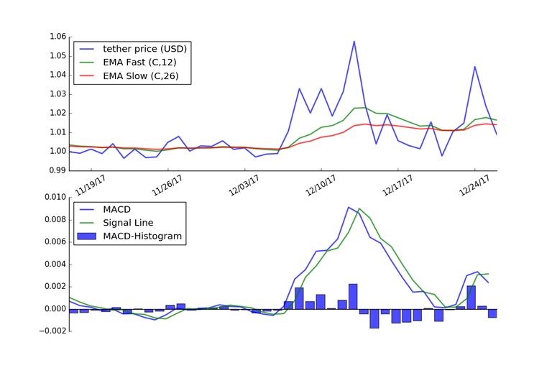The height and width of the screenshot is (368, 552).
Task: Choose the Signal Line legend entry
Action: [128, 223]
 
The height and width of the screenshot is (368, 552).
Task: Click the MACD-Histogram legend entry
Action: [142, 236]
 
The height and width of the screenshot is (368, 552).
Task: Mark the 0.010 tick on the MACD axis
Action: [53, 197]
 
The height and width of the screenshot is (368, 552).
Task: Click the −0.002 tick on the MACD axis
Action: [50, 331]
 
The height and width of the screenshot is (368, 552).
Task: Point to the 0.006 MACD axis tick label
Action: [53, 241]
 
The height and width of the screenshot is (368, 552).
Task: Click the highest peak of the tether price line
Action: [354, 41]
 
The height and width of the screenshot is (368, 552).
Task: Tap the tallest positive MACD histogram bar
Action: [353, 296]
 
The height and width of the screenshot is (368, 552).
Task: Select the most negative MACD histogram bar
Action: [374, 318]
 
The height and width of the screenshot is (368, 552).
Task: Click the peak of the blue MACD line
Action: [349, 207]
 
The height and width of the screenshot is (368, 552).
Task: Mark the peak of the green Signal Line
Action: [359, 209]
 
